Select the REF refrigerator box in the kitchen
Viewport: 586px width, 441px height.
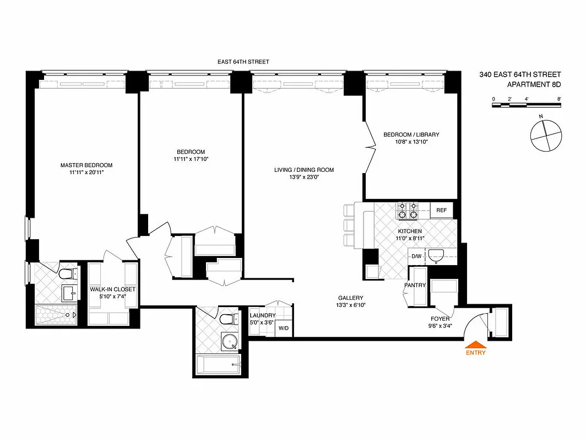(441, 210)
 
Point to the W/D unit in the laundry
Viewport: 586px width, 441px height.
(284, 328)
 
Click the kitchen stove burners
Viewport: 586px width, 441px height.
(408, 210)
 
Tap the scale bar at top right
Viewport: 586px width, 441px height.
(527, 104)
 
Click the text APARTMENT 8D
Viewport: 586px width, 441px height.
(534, 84)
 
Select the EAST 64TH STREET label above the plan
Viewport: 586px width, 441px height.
(243, 62)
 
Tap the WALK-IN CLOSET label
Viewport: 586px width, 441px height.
(112, 289)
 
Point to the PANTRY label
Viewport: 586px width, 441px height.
(415, 285)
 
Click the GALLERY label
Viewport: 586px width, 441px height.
(350, 297)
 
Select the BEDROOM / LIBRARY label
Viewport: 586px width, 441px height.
(411, 135)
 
